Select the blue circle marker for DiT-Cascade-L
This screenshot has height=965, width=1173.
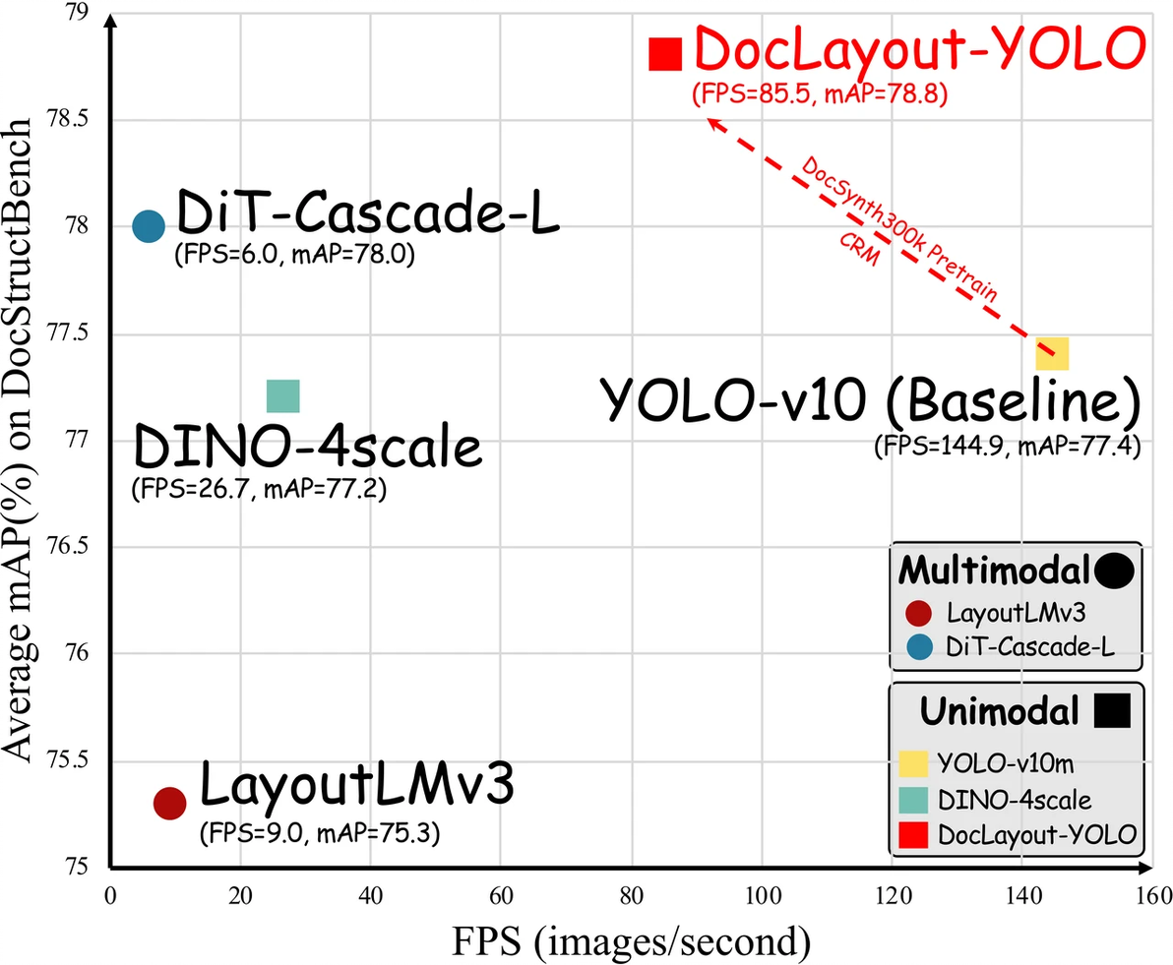[148, 226]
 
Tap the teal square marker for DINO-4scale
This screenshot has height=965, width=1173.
[282, 396]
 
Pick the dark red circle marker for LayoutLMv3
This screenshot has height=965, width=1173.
[170, 803]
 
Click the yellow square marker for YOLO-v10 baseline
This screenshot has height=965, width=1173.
[1052, 352]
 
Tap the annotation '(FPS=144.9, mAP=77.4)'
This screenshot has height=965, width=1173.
[1007, 447]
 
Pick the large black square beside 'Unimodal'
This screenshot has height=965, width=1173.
[1112, 710]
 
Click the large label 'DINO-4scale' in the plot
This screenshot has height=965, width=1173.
[308, 448]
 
